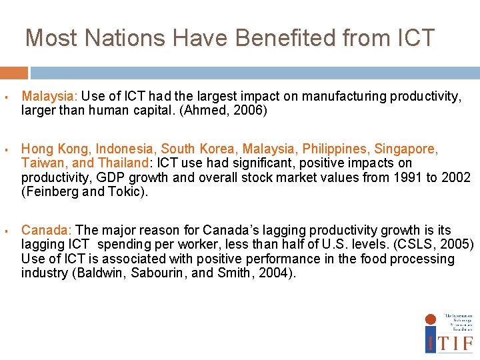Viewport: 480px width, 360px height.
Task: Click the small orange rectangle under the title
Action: [14, 73]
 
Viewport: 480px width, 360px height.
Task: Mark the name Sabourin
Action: [157, 273]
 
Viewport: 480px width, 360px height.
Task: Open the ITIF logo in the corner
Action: [449, 333]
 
